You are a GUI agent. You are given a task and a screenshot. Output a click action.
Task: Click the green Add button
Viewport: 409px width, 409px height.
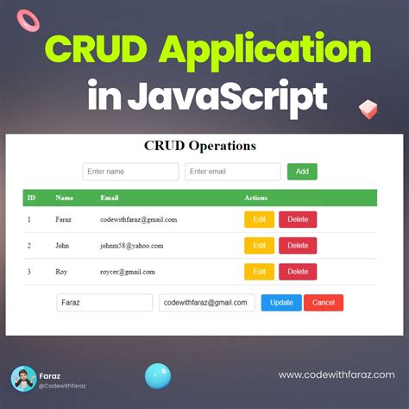point(302,172)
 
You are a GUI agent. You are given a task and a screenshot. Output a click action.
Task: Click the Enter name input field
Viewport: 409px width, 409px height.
point(130,172)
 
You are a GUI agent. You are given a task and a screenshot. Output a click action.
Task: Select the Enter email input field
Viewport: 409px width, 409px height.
point(233,172)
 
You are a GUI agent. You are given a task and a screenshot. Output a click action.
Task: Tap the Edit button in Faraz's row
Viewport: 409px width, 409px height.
point(259,219)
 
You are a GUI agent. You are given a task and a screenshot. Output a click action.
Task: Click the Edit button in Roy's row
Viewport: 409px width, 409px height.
point(259,271)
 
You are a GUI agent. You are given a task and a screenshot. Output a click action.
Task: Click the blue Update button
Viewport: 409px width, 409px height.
point(281,303)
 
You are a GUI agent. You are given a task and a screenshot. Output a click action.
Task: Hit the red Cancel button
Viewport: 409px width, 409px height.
point(324,303)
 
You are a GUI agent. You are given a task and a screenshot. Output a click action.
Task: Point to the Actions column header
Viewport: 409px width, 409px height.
point(256,198)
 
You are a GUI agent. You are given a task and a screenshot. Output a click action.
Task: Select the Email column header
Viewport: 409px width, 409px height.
point(110,198)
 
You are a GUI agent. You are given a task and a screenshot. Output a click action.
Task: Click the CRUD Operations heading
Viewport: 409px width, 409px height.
point(199,145)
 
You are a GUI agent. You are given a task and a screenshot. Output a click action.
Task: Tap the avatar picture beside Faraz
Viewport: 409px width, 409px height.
point(23,379)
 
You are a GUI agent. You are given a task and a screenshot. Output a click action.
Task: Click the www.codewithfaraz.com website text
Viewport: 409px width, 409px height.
point(337,374)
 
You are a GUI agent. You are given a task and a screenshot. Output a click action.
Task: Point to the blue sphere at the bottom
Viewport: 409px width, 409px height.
point(158,376)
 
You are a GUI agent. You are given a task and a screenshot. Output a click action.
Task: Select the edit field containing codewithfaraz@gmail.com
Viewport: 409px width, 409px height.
point(207,303)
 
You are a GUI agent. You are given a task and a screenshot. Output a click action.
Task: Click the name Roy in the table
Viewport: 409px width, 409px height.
point(61,271)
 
